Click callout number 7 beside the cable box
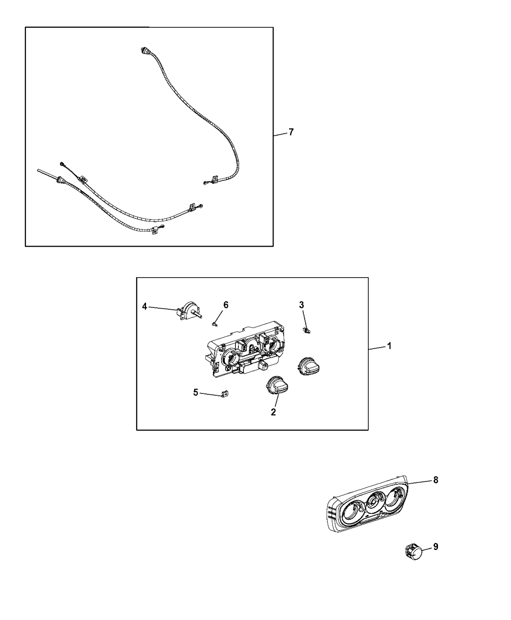coord(291,132)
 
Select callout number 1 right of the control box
coord(389,346)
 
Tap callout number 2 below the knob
coord(273,412)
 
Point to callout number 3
coord(301,305)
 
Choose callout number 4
coord(145,306)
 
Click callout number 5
coord(196,392)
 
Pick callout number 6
coord(226,305)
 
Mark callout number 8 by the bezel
coord(436,480)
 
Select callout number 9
coord(436,547)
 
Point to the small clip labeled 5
coord(225,394)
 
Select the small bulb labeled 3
coord(307,330)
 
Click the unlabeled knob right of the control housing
coord(310,367)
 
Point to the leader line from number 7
coord(280,134)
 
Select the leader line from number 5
coord(211,394)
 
